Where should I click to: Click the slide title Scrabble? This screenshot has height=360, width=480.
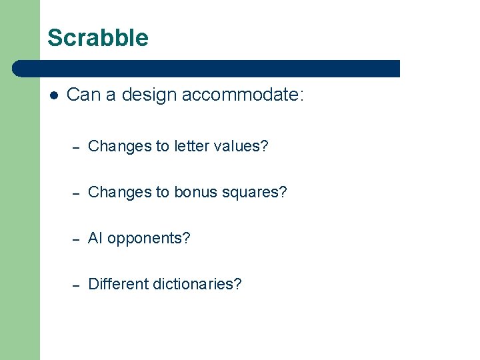98,38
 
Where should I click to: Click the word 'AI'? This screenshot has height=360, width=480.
95,238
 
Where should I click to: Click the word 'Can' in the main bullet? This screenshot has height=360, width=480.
82,95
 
